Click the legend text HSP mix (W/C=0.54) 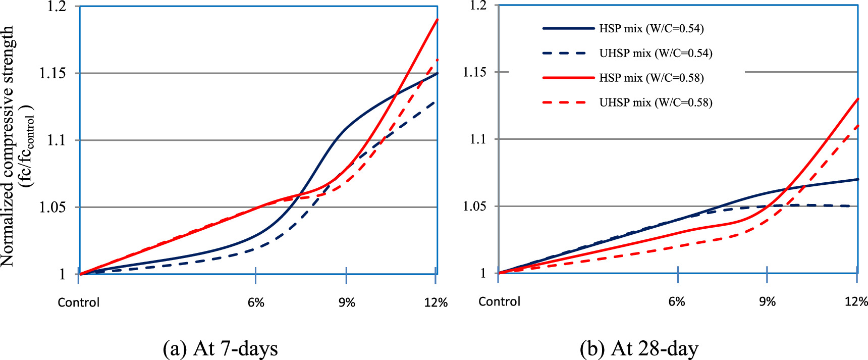point(651,29)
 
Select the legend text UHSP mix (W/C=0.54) point(656,54)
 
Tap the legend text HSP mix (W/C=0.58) point(651,78)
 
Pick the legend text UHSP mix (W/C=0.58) point(656,103)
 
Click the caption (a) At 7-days point(221,348)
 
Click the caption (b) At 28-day point(639,348)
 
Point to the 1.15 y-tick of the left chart point(52,73)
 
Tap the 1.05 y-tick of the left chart point(52,208)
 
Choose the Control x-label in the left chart point(79,302)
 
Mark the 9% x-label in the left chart point(347,302)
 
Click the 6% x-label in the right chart point(677,301)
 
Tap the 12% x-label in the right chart point(856,301)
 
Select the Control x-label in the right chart point(499,301)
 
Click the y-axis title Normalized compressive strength point(8,146)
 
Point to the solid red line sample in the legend point(568,78)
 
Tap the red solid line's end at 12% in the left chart point(437,20)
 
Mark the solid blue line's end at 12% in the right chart point(857,179)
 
